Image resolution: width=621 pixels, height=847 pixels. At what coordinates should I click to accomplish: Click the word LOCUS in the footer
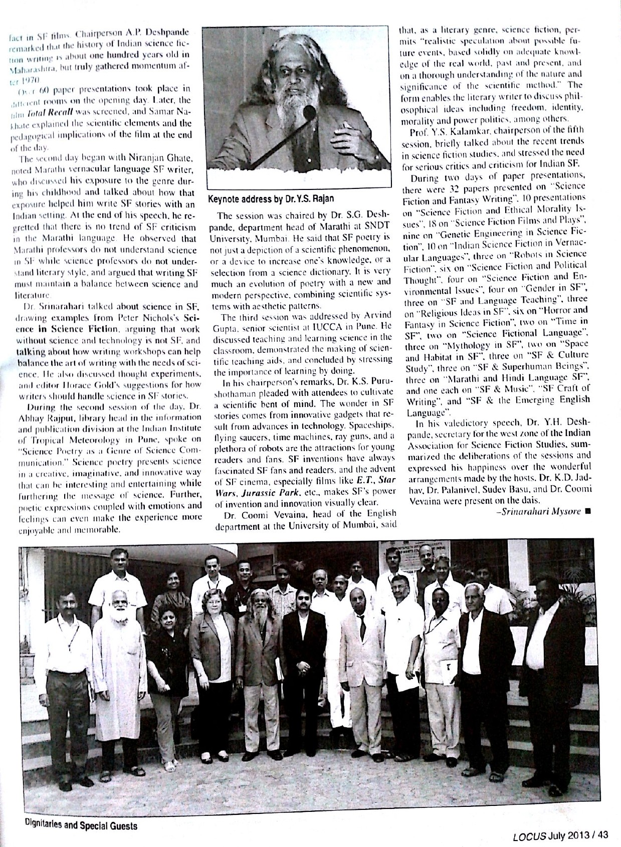529,835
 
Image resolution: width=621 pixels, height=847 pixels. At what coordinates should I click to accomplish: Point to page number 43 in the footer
603,835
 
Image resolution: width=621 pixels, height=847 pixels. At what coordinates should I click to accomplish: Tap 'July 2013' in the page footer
569,835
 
